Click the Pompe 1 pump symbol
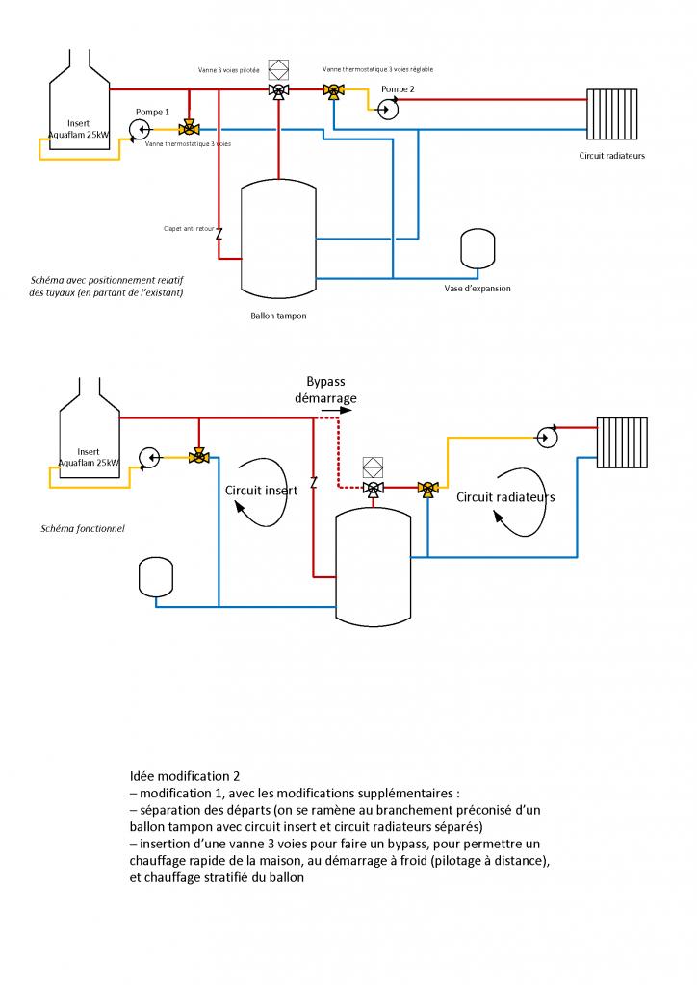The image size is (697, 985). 143,128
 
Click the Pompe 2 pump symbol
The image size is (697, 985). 387,109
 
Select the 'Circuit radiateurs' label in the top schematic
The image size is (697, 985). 611,156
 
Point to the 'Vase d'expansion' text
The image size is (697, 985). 478,288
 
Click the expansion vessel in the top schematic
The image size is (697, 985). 476,248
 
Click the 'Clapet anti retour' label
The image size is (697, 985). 189,228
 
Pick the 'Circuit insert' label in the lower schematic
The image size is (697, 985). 261,490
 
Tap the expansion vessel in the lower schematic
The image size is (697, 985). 155,576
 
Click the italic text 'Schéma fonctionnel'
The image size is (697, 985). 82,528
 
